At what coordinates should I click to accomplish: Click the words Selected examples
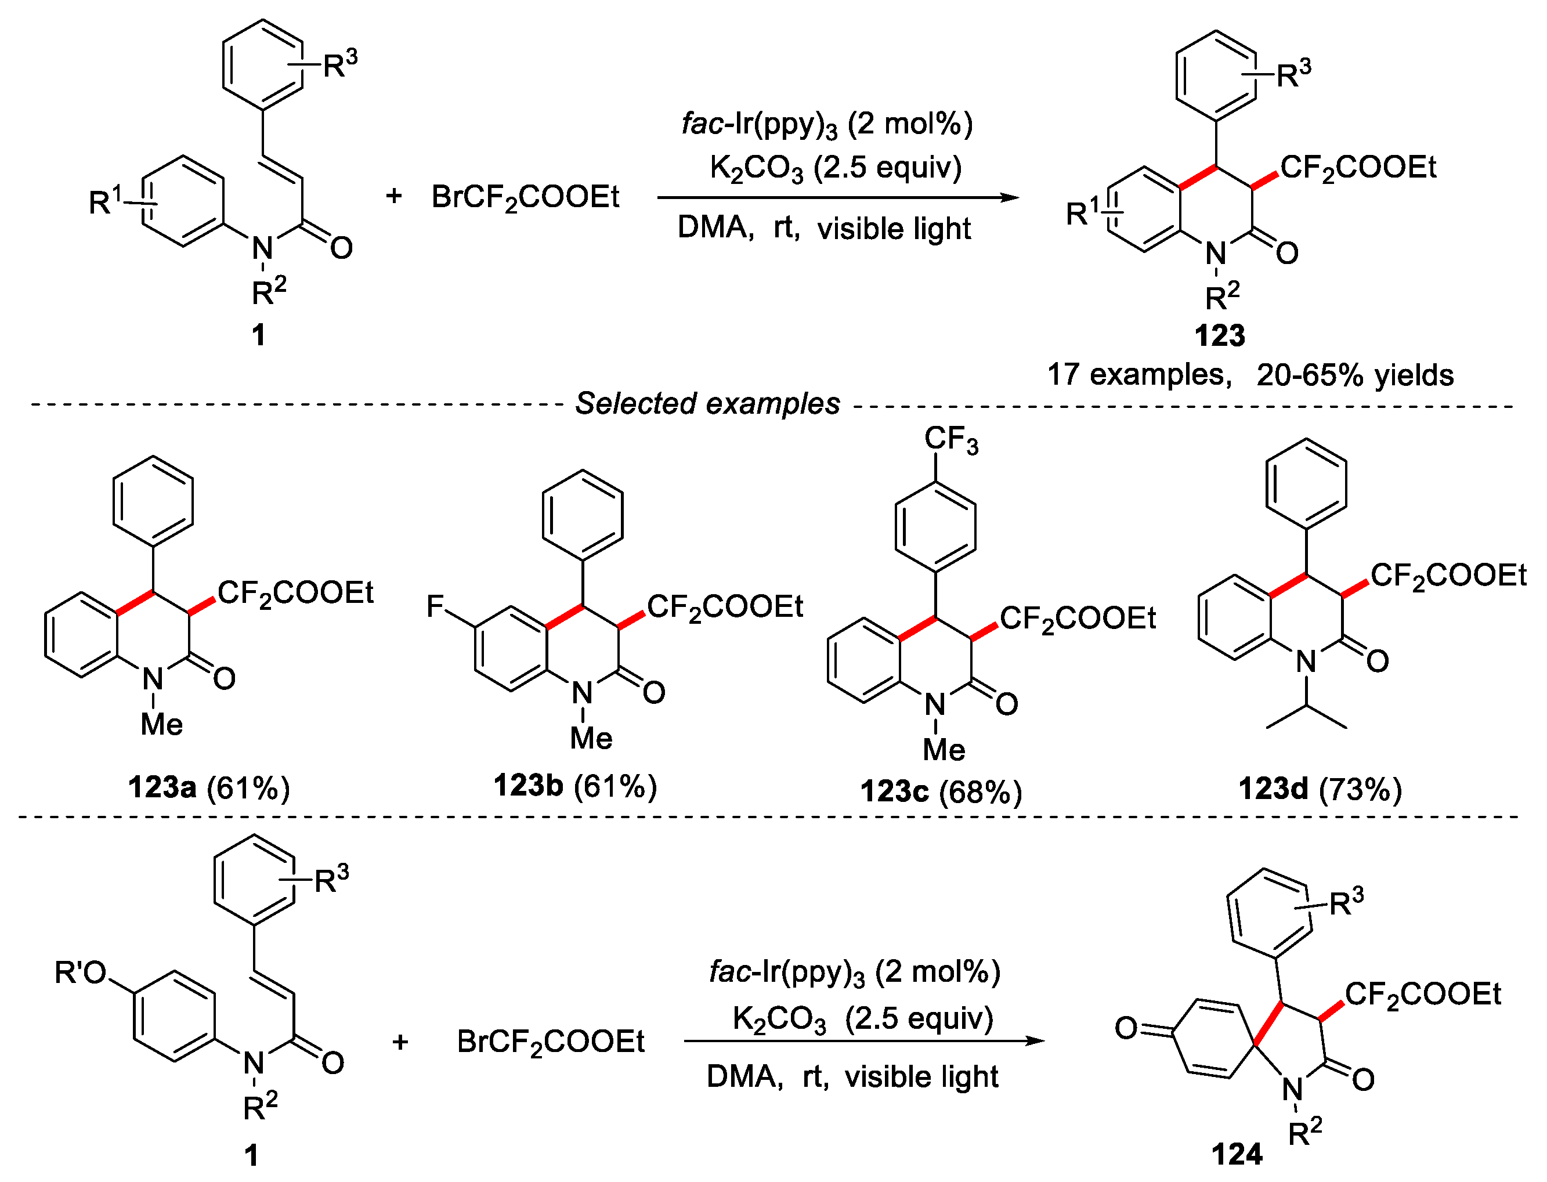(707, 404)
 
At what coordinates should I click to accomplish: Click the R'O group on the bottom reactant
(80, 973)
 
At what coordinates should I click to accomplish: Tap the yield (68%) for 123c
(981, 792)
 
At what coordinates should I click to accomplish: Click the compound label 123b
(527, 786)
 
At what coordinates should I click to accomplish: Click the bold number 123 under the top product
(1219, 335)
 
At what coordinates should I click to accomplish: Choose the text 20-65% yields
(1354, 375)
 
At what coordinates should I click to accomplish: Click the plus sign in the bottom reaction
(400, 1041)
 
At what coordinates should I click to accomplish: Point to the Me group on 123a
(161, 724)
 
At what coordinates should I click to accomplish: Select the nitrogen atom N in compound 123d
(1306, 662)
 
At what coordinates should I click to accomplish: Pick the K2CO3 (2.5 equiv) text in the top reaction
(835, 168)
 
